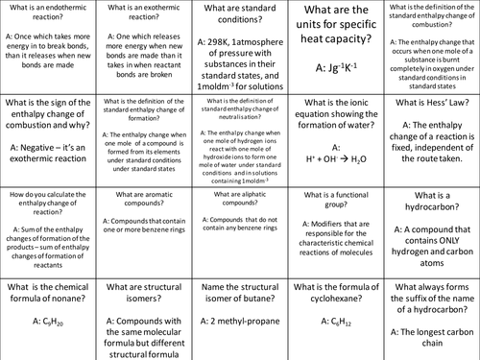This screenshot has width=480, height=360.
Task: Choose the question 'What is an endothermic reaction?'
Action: coord(47,13)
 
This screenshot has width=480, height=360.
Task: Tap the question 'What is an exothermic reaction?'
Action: coord(143,13)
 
